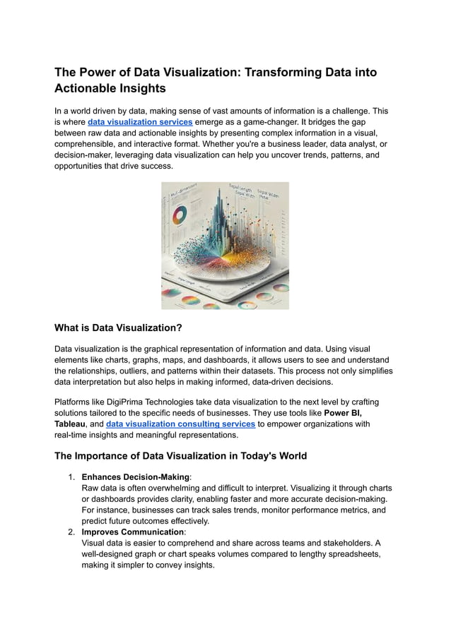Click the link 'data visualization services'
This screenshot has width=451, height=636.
(x=140, y=121)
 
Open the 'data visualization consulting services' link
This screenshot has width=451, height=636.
(x=180, y=424)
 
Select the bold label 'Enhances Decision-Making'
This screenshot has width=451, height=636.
(x=136, y=477)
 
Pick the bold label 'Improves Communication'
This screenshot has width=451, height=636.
(x=132, y=532)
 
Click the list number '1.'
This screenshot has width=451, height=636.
(x=71, y=477)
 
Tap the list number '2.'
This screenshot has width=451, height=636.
(x=71, y=532)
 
